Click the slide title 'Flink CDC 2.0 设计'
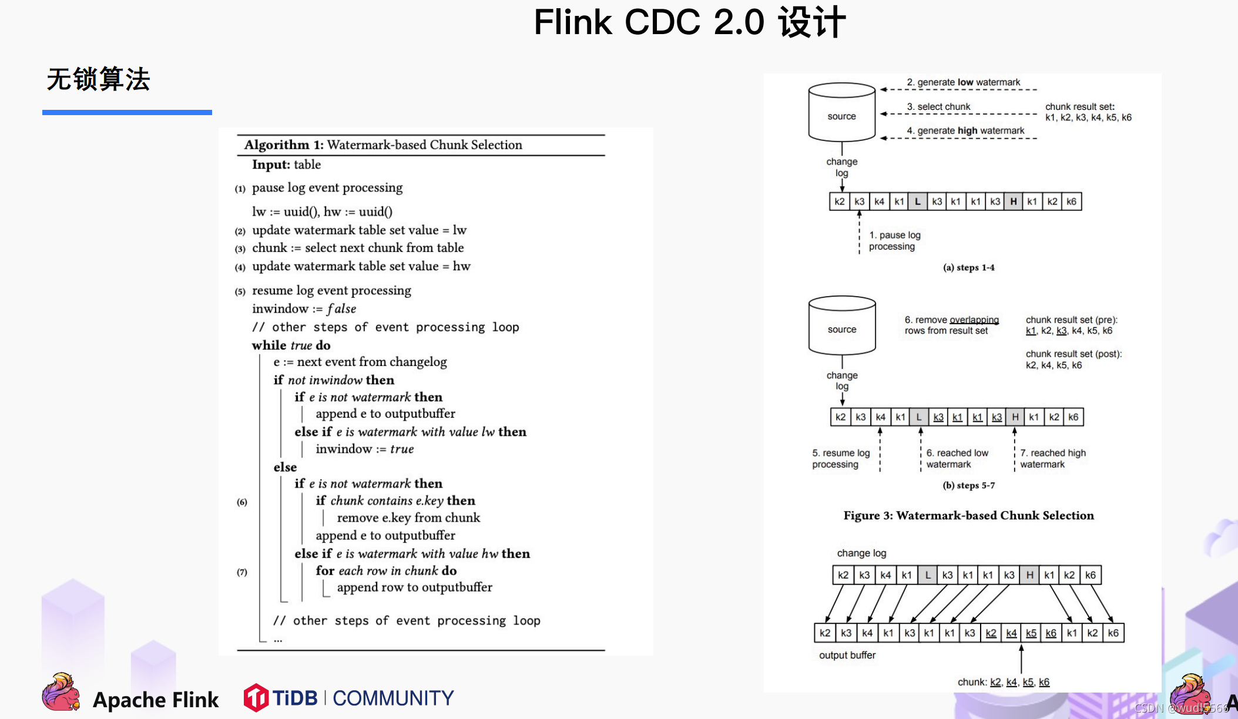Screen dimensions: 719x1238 (689, 22)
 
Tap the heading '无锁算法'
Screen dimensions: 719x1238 (99, 79)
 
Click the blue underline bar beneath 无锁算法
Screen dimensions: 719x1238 (127, 112)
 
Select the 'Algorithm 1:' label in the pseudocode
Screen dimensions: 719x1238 (284, 145)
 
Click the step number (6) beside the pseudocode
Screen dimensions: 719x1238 (242, 502)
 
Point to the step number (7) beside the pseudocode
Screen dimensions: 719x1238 (242, 572)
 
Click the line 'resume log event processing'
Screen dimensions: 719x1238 (331, 291)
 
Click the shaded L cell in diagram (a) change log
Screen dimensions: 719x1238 (917, 201)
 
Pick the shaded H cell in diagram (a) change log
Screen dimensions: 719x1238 (1013, 201)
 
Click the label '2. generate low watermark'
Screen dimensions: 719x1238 (963, 82)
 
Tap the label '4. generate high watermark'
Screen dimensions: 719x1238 (965, 130)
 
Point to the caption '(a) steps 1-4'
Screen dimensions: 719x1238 (968, 268)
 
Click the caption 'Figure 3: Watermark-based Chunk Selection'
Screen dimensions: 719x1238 (968, 516)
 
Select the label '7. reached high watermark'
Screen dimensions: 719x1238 (1052, 459)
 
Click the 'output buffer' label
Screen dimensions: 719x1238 (847, 655)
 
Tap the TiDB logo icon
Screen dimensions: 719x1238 (256, 698)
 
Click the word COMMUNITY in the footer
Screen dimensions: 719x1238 (393, 698)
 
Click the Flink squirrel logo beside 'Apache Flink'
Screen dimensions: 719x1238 (61, 693)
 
